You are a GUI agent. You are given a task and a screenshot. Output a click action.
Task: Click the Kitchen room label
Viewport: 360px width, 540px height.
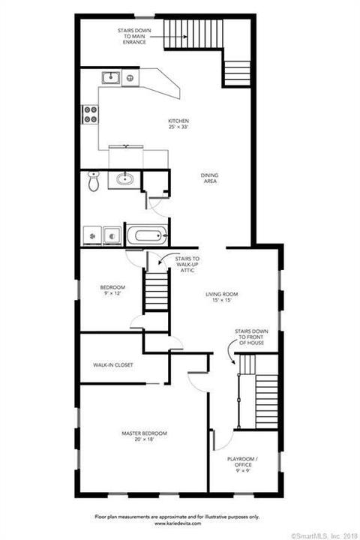pos(178,124)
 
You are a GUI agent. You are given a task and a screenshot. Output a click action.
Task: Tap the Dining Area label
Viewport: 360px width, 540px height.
pos(210,178)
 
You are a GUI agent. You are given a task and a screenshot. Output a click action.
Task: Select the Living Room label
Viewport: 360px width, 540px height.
pos(221,297)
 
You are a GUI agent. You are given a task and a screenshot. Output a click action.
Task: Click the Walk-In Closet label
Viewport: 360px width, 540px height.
pos(113,364)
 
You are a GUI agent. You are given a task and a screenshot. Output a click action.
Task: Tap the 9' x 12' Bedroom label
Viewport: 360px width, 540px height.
pos(112,290)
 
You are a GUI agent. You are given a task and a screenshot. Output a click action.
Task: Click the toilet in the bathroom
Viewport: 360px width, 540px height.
pos(93,181)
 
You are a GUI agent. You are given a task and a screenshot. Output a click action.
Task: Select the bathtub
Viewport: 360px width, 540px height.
pos(147,235)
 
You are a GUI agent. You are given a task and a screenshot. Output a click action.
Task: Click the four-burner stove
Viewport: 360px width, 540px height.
pos(90,114)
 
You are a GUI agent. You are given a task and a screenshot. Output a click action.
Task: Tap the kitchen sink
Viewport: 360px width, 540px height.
pos(111,78)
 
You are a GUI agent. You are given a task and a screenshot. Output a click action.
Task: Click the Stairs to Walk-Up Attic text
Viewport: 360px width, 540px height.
pos(187,265)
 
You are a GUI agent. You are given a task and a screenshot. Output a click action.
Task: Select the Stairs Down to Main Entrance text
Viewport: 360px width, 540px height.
pos(134,36)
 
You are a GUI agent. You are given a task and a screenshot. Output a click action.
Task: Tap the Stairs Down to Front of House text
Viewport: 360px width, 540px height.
pos(251,337)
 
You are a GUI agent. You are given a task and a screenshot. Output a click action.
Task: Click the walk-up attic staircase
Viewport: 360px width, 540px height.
pos(157,291)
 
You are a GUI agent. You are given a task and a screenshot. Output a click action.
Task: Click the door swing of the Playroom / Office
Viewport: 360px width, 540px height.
pos(224,442)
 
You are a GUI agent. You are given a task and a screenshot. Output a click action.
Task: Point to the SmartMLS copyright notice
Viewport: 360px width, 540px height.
pos(325,535)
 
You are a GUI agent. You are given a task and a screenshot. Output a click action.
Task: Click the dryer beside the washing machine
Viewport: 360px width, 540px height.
pos(112,236)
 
